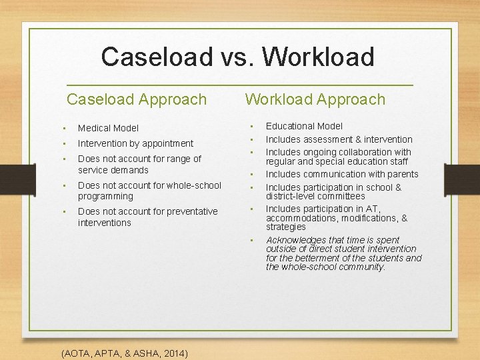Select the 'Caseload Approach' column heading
point(137,99)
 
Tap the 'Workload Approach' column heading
point(315,99)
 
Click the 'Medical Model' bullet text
point(108,128)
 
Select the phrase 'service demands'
point(113,170)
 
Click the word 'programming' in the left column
point(105,196)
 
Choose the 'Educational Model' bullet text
point(304,126)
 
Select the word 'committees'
point(342,196)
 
